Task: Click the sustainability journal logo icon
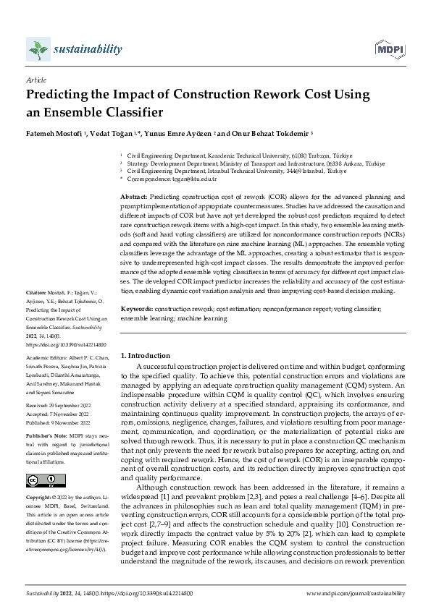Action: pos(38,49)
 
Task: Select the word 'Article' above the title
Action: pos(35,81)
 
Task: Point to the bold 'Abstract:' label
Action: pos(134,197)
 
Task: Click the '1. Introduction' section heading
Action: pos(145,355)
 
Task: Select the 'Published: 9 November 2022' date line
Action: pos(62,419)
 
